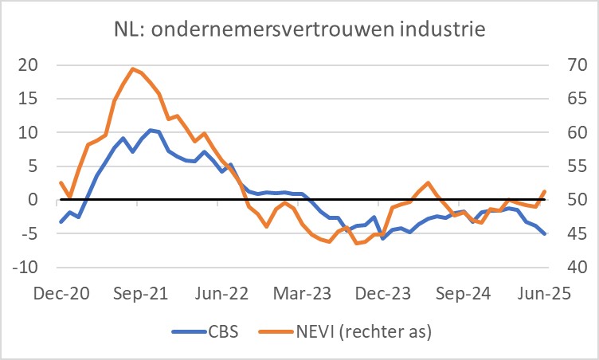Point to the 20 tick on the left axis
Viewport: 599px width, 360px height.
28,65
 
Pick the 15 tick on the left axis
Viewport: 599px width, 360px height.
28,100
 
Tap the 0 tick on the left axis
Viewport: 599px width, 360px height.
33,200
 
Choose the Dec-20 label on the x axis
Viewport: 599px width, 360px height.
61,293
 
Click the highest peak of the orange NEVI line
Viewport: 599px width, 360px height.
132,69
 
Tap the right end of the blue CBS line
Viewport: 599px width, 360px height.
545,234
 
